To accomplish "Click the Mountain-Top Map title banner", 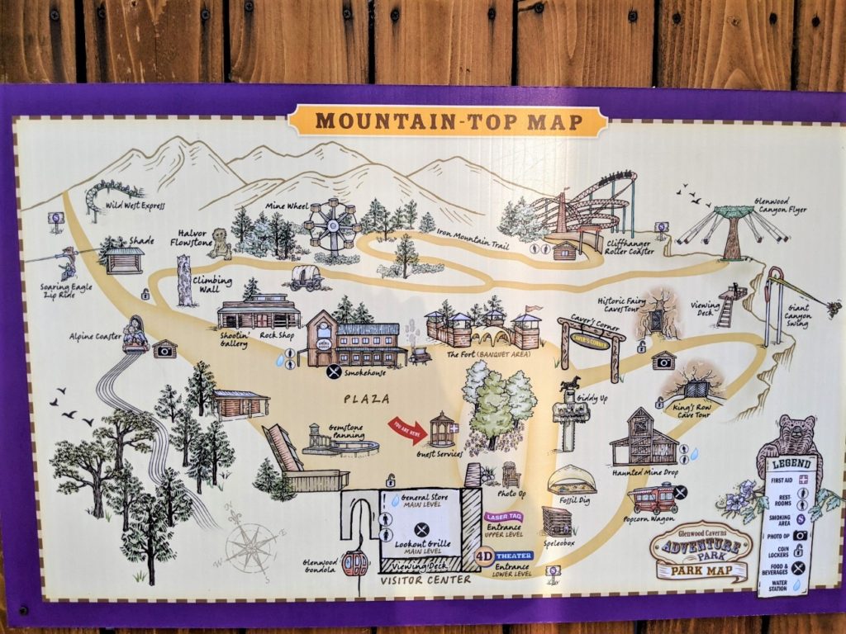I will pos(447,121).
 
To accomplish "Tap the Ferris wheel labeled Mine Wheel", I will pos(331,225).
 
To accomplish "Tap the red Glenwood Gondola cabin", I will pos(354,563).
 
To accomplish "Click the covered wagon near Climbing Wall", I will pos(306,277).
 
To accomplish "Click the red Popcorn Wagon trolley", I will pos(652,498).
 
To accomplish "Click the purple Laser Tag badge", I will pos(503,516).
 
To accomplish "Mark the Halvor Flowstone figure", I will pos(220,244).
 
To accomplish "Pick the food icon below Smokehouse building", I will pos(334,371).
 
